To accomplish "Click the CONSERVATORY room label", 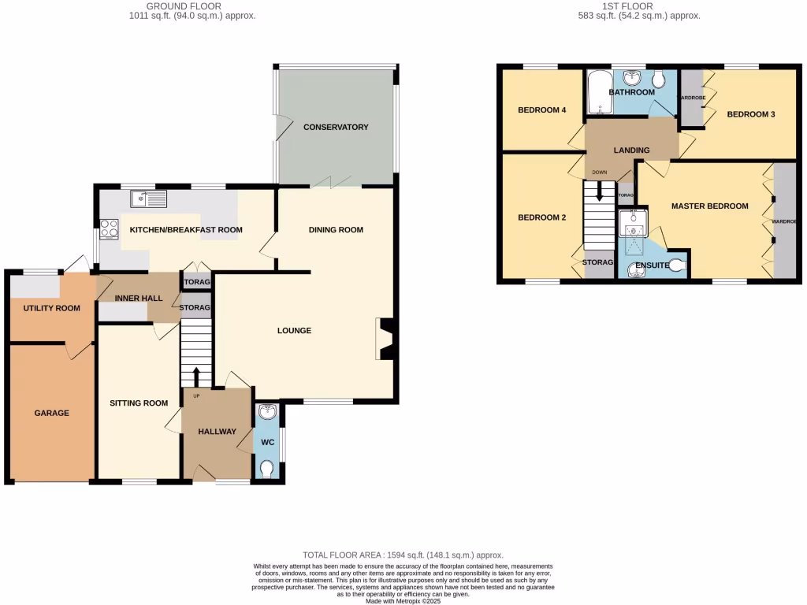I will pyautogui.click(x=336, y=127).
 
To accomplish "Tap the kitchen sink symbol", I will pyautogui.click(x=150, y=199).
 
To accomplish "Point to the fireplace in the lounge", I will pyautogui.click(x=386, y=338).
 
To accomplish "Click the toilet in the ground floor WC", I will pyautogui.click(x=267, y=470).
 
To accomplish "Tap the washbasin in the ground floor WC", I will pyautogui.click(x=267, y=411).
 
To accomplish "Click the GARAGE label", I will pyautogui.click(x=51, y=413).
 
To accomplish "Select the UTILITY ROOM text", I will pyautogui.click(x=51, y=308).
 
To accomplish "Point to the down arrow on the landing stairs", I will pyautogui.click(x=600, y=191).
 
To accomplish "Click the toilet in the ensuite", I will pyautogui.click(x=675, y=265).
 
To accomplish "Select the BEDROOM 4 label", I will pyautogui.click(x=542, y=110).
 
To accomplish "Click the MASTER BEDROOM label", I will pyautogui.click(x=709, y=206).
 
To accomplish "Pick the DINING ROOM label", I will pyautogui.click(x=336, y=230).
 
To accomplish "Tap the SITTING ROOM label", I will pyautogui.click(x=139, y=403).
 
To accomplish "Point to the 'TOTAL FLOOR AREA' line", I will pyautogui.click(x=403, y=555).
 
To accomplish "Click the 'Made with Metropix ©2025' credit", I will pyautogui.click(x=403, y=601).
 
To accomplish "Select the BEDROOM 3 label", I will pyautogui.click(x=750, y=114).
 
